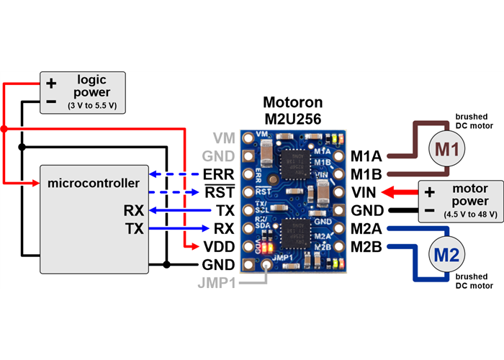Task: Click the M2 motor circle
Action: [447, 253]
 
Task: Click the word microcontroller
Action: [93, 183]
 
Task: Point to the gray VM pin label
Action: [224, 137]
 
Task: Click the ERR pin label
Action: [218, 174]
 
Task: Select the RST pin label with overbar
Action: [218, 193]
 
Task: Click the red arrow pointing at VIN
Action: [400, 192]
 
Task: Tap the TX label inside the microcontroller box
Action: [133, 229]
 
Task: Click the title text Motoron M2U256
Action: [292, 109]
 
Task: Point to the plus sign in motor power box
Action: [430, 192]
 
